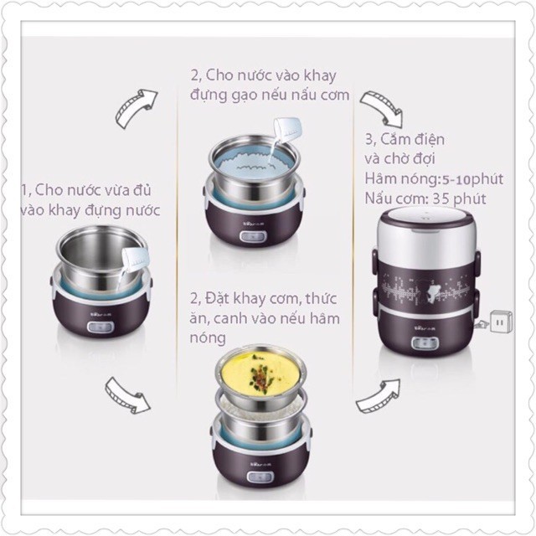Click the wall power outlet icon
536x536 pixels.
(x=501, y=322)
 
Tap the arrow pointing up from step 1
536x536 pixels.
(x=135, y=108)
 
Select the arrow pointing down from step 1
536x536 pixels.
(x=126, y=395)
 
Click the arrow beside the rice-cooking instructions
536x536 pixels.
(x=382, y=108)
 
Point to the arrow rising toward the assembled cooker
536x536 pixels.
(x=378, y=396)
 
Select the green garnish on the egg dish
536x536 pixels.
(x=260, y=374)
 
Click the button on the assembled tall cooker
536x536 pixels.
(x=425, y=343)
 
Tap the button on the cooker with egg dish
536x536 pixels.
(x=260, y=477)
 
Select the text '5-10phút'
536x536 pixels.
(x=472, y=179)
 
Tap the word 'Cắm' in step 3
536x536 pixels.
(x=396, y=139)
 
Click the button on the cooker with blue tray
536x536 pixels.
(x=253, y=236)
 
